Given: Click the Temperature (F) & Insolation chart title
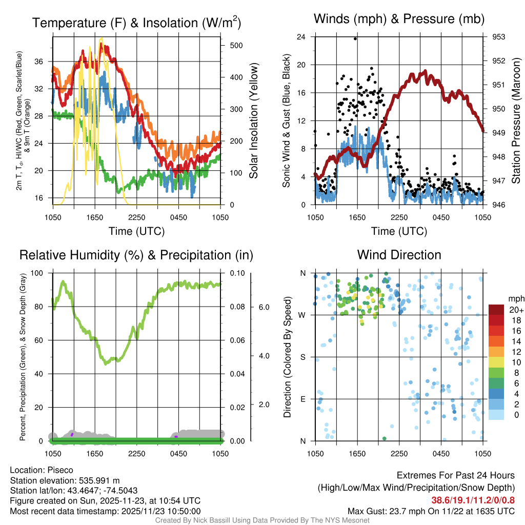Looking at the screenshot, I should tap(136, 23).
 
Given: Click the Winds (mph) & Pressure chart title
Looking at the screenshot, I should tap(399, 19).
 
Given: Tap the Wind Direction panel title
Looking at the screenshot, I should tap(399, 254).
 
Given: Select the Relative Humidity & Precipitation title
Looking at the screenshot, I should tap(136, 255).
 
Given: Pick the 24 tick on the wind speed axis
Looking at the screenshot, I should tap(301, 37).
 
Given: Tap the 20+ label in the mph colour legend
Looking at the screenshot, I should tap(516, 310).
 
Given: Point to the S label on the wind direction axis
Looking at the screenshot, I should tap(303, 357).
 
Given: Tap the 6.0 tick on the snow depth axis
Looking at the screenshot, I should tap(263, 307).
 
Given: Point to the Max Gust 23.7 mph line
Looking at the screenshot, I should tap(431, 511).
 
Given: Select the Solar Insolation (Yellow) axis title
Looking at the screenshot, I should tap(253, 120).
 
